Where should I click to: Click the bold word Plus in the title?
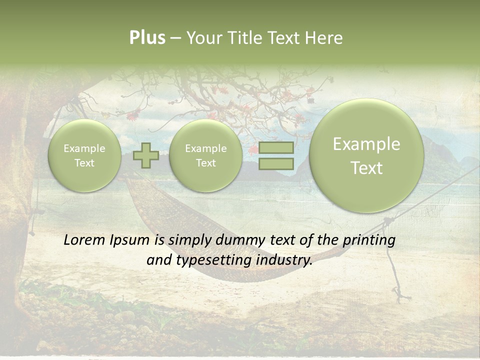147,38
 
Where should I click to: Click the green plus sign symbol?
146,155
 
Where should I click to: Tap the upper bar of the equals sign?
276,147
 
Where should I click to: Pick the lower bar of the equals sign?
276,163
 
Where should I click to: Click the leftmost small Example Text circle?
84,155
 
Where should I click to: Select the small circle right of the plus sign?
205,155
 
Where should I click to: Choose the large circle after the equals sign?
366,155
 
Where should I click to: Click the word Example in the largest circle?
366,144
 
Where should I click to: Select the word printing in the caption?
368,240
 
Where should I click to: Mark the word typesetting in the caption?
212,260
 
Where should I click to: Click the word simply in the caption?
190,240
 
